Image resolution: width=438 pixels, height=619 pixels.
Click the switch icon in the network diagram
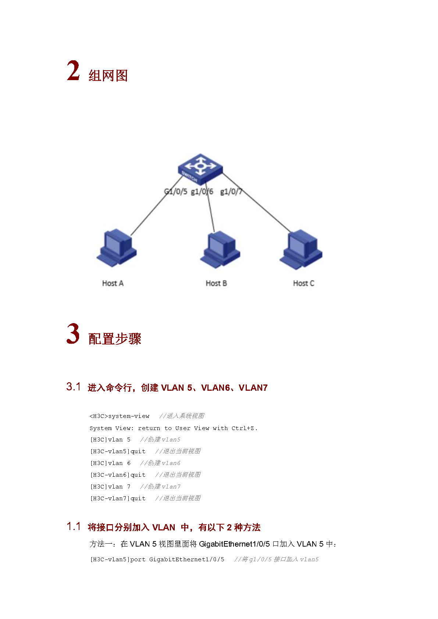[x=200, y=168]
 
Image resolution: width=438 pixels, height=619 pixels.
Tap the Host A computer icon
[x=117, y=247]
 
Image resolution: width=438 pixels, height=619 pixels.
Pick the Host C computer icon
[x=301, y=249]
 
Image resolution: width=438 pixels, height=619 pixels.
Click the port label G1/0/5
[x=175, y=192]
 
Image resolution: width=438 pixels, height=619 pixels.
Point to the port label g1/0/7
[x=231, y=192]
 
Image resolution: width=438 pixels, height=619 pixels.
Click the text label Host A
[x=113, y=283]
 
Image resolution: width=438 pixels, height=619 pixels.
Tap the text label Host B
[x=216, y=283]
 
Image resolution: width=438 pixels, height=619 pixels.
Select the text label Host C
[x=303, y=283]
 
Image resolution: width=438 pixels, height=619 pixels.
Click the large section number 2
[x=73, y=71]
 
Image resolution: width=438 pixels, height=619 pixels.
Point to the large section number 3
[x=73, y=334]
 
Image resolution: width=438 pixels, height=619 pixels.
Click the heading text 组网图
[x=108, y=76]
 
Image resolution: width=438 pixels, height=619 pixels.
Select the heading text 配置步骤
[x=115, y=339]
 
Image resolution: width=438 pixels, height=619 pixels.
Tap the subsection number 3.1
[x=74, y=387]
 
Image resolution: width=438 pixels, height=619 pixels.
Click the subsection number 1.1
[x=74, y=526]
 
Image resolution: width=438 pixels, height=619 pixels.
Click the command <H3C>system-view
[x=120, y=416]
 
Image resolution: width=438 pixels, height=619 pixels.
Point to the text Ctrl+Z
[x=244, y=428]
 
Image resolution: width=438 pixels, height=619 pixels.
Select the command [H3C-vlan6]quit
[x=118, y=475]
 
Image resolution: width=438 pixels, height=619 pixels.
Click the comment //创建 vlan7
[x=160, y=487]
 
